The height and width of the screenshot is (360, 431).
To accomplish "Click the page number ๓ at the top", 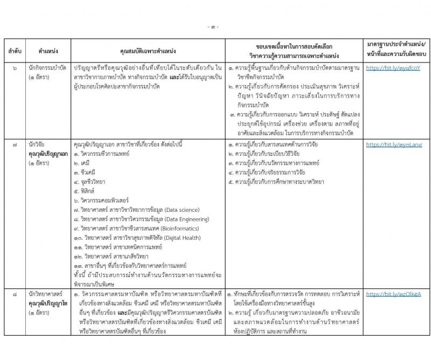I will (x=215, y=26).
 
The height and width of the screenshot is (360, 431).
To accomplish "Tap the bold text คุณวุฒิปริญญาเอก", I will (x=51, y=154).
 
